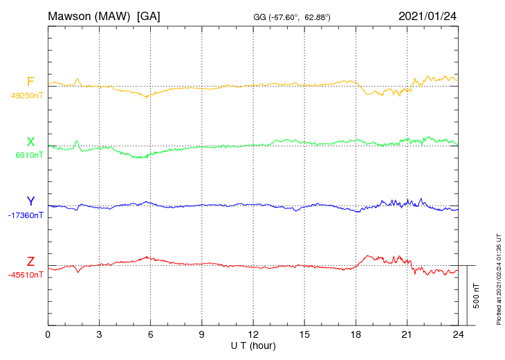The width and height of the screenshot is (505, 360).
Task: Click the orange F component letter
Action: click(x=30, y=82)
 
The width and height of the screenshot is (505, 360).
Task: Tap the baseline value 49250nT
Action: click(x=26, y=96)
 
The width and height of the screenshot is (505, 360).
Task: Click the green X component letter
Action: click(x=30, y=143)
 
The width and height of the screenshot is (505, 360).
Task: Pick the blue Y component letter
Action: click(x=30, y=202)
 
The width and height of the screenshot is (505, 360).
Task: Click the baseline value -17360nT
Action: click(x=26, y=215)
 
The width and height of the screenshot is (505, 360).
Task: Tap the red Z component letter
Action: click(x=30, y=262)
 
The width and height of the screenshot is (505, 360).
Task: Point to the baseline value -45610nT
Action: click(x=26, y=275)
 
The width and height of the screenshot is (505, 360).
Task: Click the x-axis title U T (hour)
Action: click(x=253, y=345)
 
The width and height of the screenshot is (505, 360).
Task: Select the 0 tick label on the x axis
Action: click(x=48, y=335)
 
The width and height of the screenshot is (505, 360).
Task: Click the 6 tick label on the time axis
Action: click(x=150, y=335)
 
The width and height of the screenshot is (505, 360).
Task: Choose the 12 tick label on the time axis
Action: click(x=253, y=335)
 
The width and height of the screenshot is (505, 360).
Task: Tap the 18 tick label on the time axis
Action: click(x=356, y=335)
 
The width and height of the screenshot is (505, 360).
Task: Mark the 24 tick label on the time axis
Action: click(x=458, y=335)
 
